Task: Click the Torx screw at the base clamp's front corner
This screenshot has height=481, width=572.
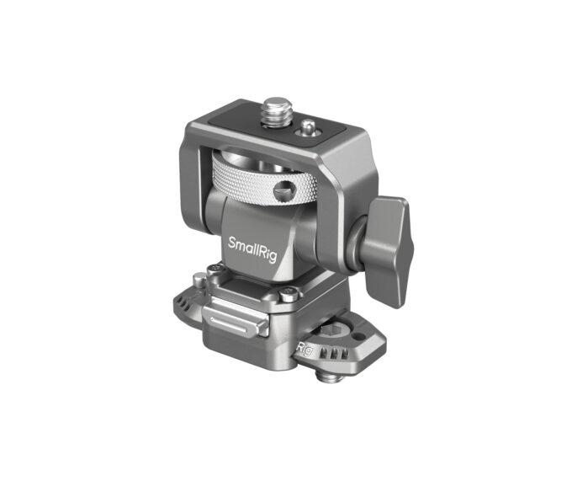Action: [289, 295]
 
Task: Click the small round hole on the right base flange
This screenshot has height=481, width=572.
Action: [368, 338]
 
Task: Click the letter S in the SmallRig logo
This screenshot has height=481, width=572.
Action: [233, 243]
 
